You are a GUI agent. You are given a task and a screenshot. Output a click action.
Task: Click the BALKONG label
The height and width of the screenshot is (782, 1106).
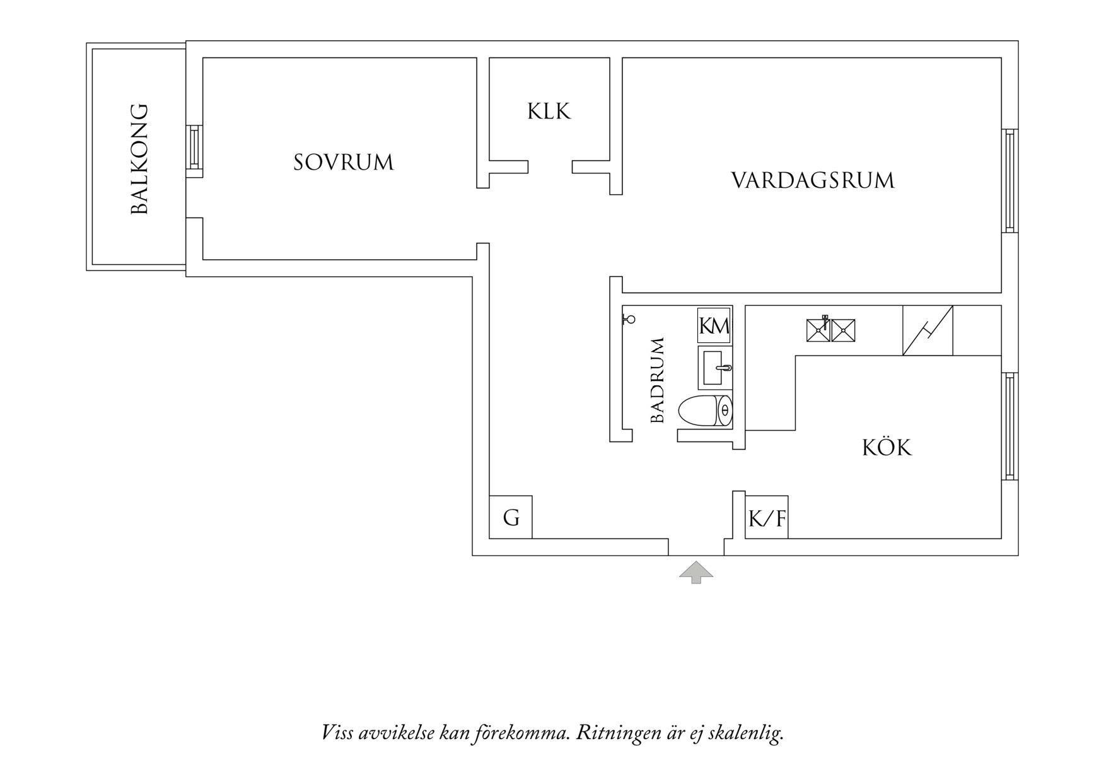coord(139,159)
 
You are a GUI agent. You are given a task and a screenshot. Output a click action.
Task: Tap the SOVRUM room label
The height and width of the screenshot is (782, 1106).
coord(344,163)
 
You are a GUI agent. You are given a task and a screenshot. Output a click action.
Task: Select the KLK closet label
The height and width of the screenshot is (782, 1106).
coord(549,112)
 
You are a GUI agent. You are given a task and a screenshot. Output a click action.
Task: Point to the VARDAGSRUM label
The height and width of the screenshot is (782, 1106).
coord(813,180)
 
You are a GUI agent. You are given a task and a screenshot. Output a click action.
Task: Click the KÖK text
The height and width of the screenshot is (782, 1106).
coord(887,448)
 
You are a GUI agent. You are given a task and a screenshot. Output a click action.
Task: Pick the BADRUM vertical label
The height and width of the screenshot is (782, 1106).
coord(658,380)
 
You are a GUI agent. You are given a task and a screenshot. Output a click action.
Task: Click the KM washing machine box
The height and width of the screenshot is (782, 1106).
coord(714,325)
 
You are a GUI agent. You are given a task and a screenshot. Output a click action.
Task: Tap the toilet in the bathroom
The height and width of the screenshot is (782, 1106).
coord(705,411)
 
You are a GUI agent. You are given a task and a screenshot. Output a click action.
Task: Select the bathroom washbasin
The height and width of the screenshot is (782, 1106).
coord(716,368)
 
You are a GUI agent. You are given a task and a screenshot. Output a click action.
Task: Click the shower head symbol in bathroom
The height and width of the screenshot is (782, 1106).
coord(629,319)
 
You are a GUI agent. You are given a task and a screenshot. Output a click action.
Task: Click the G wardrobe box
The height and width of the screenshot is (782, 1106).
coord(511,518)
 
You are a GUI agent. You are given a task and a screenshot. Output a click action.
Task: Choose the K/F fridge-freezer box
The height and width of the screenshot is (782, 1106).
coord(767,518)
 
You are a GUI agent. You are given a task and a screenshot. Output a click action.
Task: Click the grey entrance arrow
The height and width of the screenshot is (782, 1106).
coord(696,572)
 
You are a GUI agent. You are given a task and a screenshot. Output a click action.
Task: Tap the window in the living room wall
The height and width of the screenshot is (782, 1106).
coord(1010,180)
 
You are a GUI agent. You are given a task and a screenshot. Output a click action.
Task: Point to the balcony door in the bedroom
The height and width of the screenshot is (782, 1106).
coord(194,147)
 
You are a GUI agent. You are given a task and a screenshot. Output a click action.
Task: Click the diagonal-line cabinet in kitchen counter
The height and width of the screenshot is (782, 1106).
coord(928,330)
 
